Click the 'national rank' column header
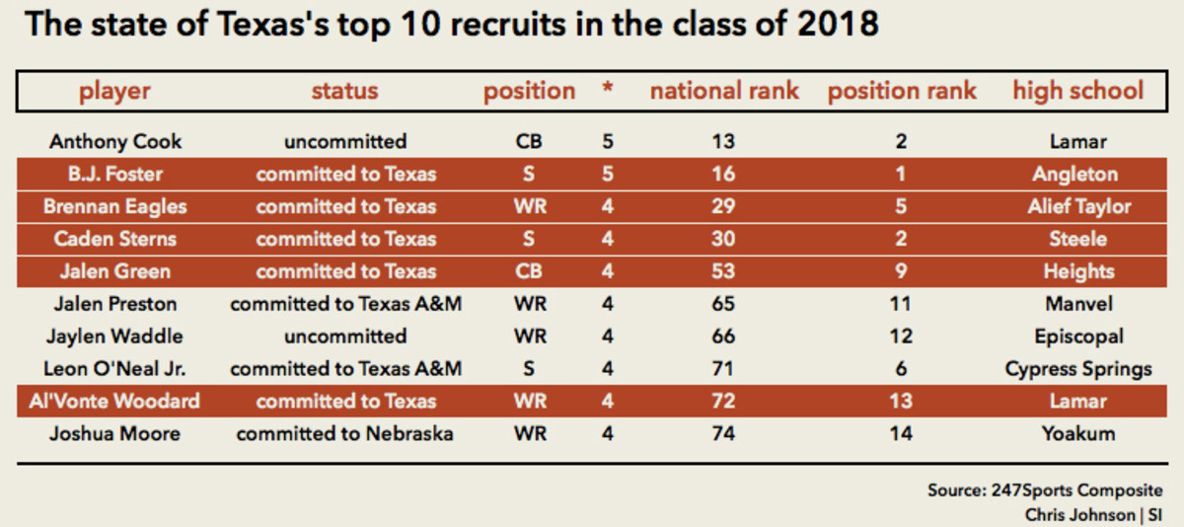[724, 91]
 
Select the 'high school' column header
[1077, 91]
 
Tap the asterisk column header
[608, 91]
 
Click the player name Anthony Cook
[115, 141]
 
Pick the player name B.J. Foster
[115, 175]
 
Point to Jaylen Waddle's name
[115, 336]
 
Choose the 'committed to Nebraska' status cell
[345, 433]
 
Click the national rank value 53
[723, 271]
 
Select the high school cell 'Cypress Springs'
[1077, 369]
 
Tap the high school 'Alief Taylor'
[1077, 207]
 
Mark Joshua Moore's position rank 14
[901, 433]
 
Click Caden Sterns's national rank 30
[723, 239]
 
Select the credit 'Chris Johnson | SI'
[1092, 514]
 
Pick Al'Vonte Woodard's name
[115, 401]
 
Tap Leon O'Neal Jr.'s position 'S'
[529, 369]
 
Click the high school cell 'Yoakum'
[1077, 433]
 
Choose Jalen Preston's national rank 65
[723, 304]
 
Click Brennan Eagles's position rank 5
[901, 207]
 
